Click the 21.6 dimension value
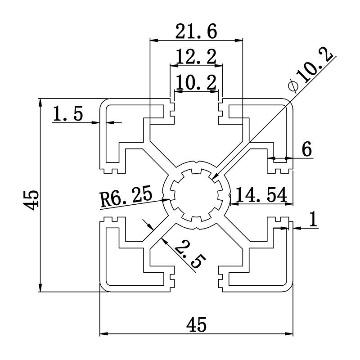coord(197,31)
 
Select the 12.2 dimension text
coord(196,57)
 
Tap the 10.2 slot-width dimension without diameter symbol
coord(196,82)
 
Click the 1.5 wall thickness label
coord(68,114)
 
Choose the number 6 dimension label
coord(306,149)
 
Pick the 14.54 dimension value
coord(261,195)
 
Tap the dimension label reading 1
coord(313,219)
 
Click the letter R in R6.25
coord(106,199)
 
